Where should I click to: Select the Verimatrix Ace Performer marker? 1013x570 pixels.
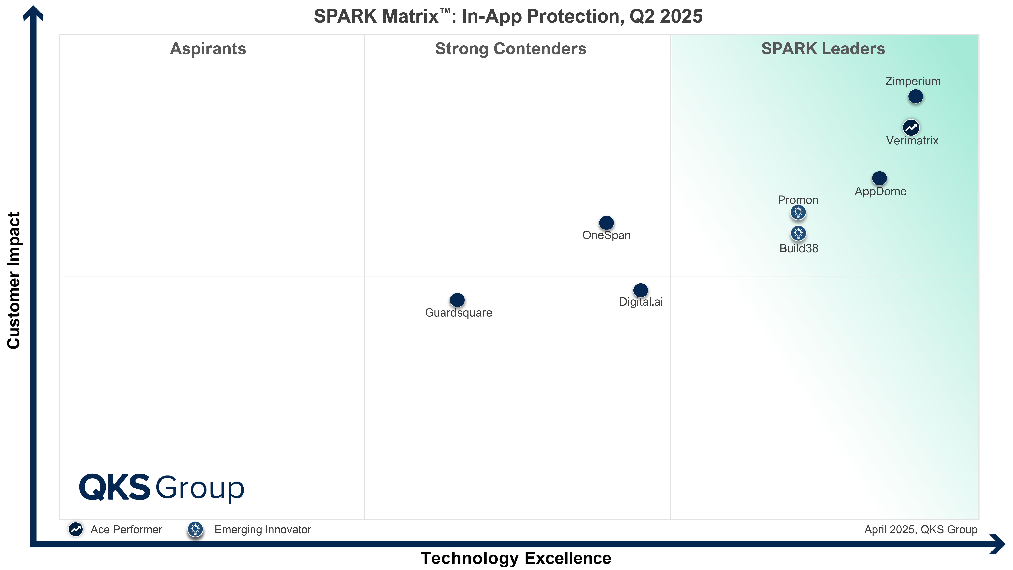click(x=911, y=128)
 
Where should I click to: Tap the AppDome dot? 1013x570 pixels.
click(x=879, y=178)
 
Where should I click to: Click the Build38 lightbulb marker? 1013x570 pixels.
click(x=798, y=233)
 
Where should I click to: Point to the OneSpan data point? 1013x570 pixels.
click(x=606, y=223)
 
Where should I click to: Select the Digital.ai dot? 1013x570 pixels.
click(x=640, y=290)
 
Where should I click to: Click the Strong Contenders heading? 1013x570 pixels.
click(x=510, y=49)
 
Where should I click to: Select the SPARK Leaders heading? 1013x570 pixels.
click(x=823, y=49)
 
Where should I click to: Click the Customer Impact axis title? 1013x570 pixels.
click(x=14, y=280)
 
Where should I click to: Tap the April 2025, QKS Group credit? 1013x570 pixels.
click(x=921, y=530)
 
